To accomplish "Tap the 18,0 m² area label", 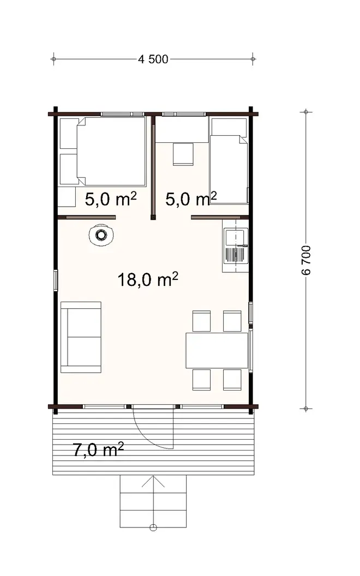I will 148,280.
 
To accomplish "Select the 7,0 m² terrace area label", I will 98,450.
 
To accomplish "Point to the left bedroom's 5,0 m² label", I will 110,199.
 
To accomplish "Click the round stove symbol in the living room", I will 101,235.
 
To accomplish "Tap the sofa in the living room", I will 81,337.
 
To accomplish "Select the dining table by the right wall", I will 217,351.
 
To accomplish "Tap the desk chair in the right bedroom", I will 184,154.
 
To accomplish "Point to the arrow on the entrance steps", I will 153,482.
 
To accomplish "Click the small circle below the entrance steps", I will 153,527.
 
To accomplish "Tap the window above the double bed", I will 123,113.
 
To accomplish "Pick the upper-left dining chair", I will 201,321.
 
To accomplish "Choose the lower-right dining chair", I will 232,379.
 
